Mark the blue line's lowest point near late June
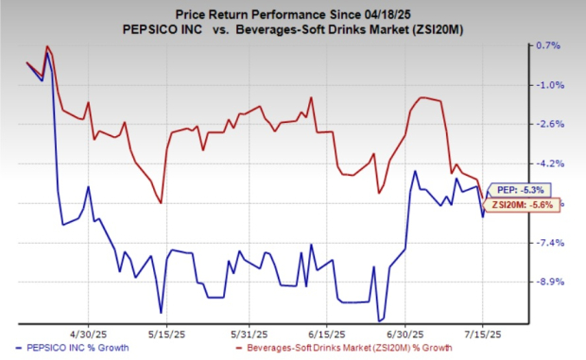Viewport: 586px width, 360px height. tap(379, 319)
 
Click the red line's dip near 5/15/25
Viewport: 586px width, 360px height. tap(162, 202)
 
